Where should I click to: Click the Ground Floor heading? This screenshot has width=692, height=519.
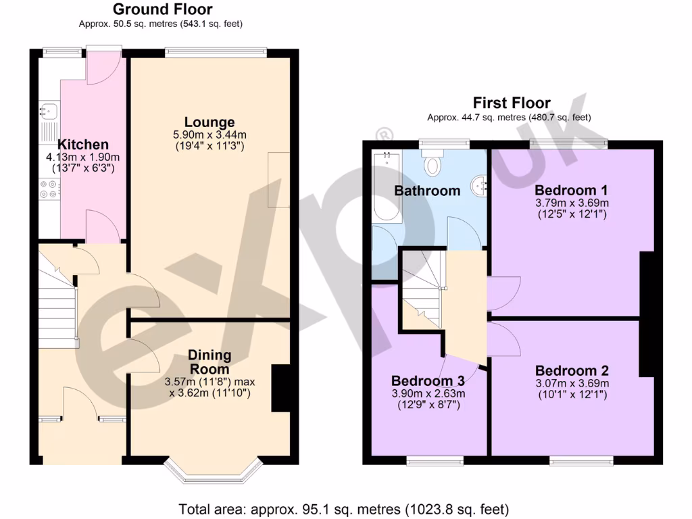162,9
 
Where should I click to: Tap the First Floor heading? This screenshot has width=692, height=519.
511,103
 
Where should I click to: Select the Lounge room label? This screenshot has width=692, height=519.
209,122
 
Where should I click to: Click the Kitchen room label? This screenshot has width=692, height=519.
82,145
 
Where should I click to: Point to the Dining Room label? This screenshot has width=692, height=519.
209,362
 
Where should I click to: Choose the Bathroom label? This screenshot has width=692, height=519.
427,191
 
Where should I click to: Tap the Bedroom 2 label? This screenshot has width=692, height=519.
572,370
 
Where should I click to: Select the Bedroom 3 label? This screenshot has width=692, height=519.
427,380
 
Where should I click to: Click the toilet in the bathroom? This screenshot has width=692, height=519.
432,162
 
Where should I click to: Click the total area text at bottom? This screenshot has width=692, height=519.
343,508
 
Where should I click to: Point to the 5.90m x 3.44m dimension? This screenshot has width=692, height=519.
209,135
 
